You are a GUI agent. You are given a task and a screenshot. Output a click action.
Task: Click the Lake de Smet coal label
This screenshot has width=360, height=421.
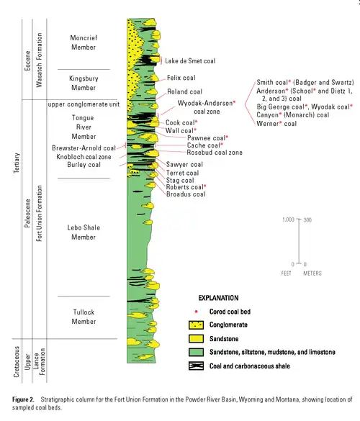point(190,61)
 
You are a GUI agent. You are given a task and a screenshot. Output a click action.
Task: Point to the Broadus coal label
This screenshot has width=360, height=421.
point(186,194)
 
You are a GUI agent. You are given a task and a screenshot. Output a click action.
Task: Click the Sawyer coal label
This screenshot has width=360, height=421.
point(185,165)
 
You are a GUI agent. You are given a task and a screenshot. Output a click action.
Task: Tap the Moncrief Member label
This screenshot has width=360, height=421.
point(89,42)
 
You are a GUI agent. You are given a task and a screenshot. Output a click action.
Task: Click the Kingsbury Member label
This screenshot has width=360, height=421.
point(89,82)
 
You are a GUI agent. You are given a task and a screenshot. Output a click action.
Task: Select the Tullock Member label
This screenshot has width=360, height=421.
point(89,317)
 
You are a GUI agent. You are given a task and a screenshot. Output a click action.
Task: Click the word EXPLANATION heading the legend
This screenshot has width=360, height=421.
point(225,296)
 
